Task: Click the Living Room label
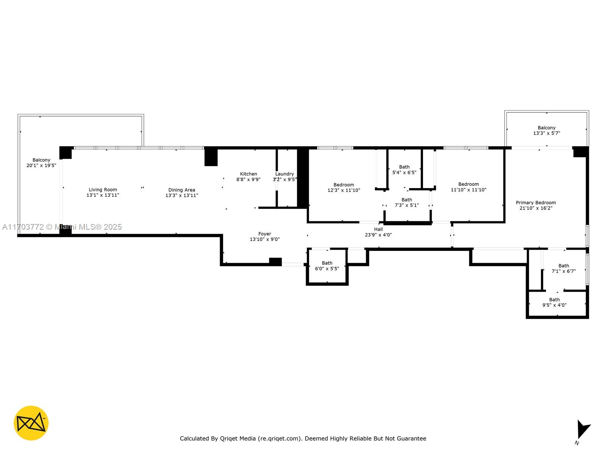(103, 190)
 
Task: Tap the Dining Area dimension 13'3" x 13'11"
(182, 196)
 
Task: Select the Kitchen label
(248, 174)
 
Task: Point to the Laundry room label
(284, 174)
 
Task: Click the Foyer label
(264, 234)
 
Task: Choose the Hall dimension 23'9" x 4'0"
(378, 235)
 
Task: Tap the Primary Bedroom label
(536, 203)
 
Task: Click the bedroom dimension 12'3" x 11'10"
(344, 190)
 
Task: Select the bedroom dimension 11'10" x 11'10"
(469, 190)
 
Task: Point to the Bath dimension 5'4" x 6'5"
(404, 173)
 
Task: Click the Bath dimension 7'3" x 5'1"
(407, 205)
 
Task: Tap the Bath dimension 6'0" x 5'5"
(327, 269)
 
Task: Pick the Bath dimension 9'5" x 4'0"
(554, 305)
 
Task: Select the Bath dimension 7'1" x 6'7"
(564, 271)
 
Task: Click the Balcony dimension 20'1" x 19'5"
(41, 165)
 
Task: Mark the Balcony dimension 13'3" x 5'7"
(547, 133)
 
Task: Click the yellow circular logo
(31, 423)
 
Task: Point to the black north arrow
(583, 429)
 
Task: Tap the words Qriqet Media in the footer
(238, 438)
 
